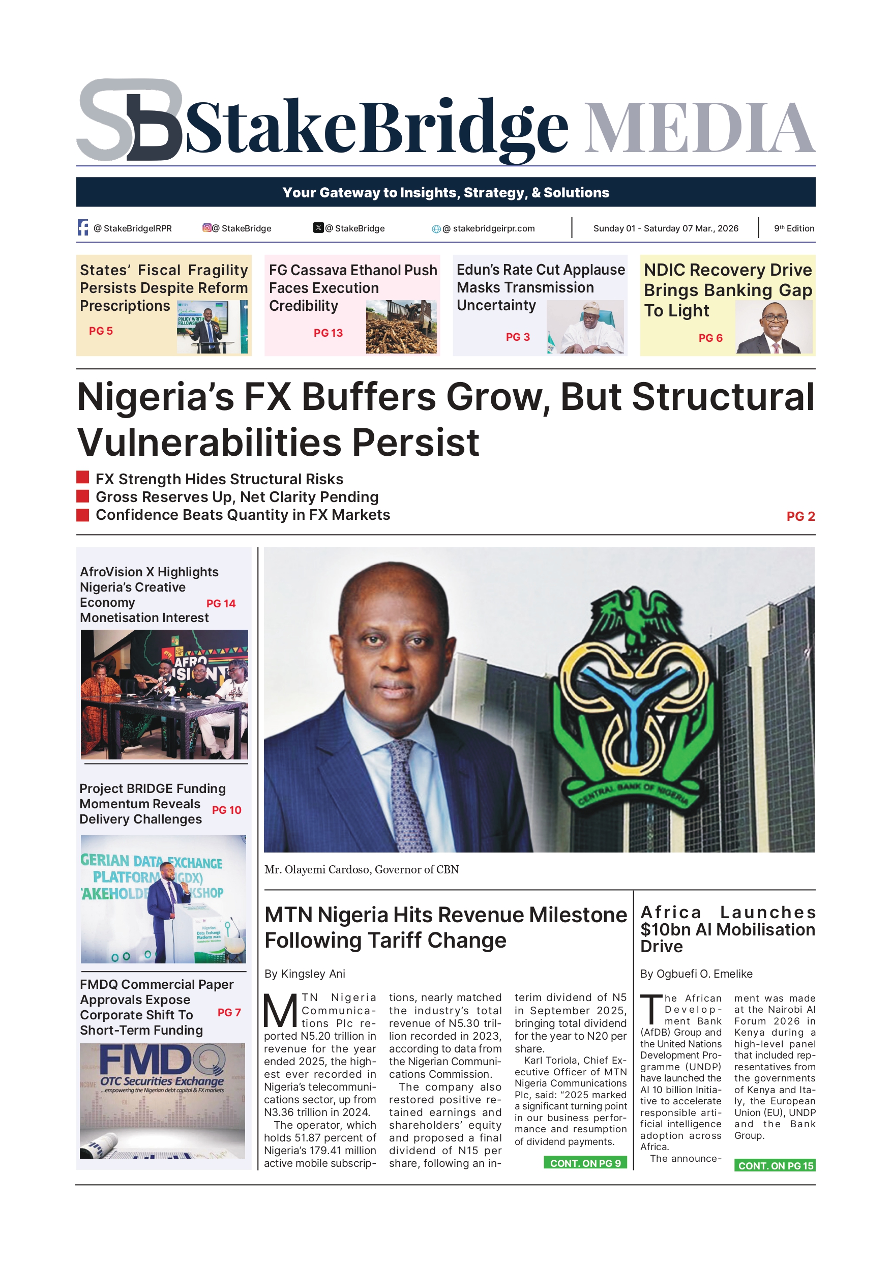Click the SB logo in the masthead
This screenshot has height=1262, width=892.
130,120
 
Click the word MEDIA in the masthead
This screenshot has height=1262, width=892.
699,128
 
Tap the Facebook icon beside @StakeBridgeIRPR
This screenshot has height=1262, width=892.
83,227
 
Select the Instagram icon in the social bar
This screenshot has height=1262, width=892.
207,227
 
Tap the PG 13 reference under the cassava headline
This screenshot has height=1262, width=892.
328,333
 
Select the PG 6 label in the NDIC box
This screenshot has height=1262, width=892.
710,338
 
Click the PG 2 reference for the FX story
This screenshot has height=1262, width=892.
800,516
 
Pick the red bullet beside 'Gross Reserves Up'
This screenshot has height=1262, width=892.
82,496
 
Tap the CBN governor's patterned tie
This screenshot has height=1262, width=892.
408,792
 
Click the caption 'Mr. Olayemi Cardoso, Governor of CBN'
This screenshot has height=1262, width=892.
362,869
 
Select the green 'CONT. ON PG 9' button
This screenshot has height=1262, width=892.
585,1163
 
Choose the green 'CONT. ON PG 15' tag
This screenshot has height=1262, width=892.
775,1165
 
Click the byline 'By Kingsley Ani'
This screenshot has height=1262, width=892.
305,974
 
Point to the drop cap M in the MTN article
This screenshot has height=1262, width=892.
280,1011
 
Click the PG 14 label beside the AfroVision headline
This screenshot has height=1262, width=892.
221,603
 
